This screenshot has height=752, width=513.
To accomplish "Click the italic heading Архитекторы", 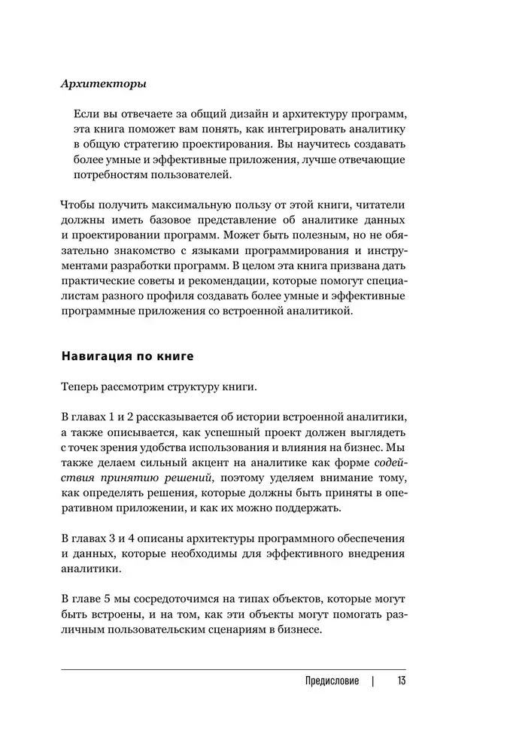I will [x=102, y=84].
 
